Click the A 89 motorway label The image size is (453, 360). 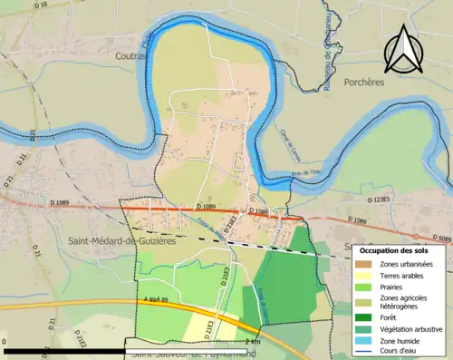155,273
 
